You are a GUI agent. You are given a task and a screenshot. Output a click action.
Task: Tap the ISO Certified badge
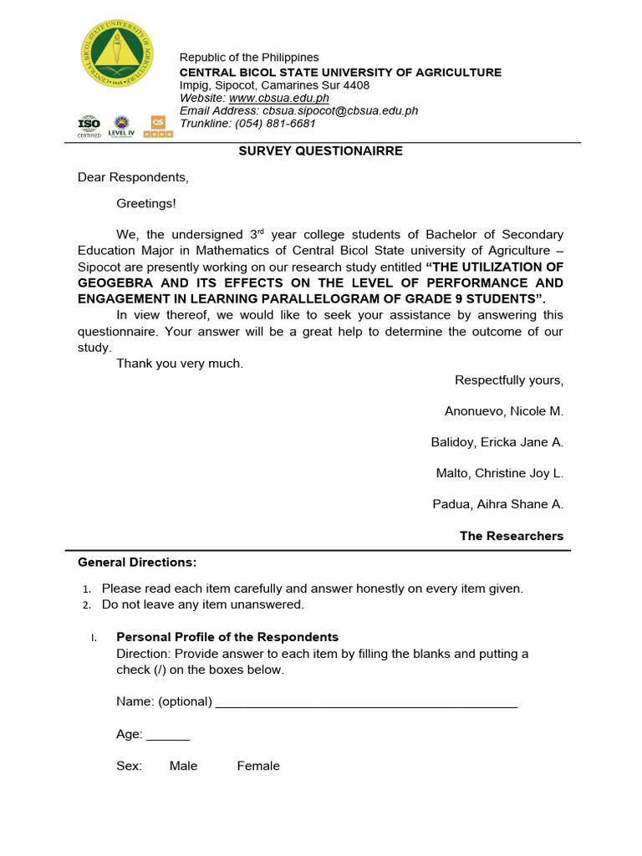pos(89,127)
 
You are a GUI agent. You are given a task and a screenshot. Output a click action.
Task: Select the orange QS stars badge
pos(158,127)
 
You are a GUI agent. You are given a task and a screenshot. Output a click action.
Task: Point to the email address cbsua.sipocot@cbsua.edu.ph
pos(340,110)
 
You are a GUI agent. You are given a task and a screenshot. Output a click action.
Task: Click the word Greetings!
pos(146,203)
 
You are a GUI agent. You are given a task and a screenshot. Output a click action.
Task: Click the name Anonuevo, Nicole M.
pos(504,411)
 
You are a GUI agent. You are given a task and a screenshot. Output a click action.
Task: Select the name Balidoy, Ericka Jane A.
pos(497,442)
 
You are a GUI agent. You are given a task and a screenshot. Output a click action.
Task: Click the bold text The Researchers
pos(512,536)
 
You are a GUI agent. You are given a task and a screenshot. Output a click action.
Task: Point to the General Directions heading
pos(137,562)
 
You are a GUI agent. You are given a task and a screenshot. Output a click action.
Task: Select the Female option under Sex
pos(258,766)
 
